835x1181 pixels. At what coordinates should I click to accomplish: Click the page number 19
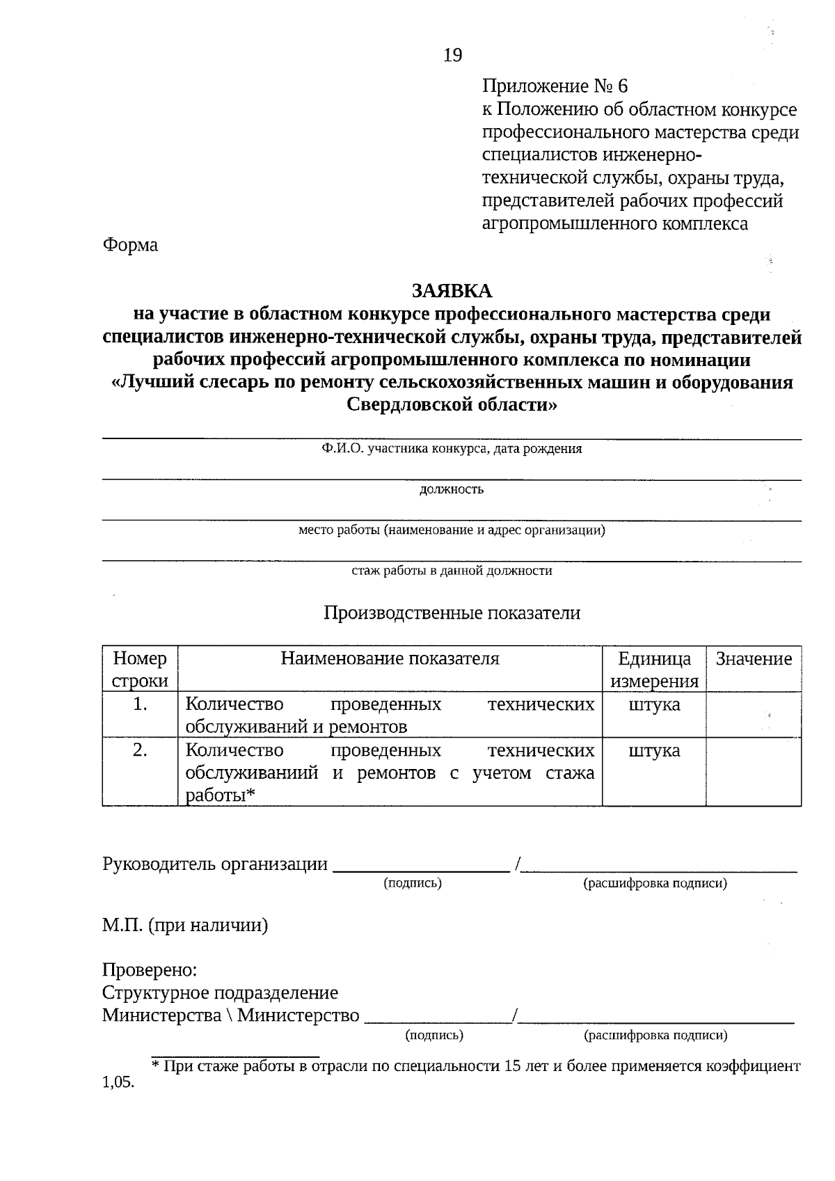click(x=452, y=55)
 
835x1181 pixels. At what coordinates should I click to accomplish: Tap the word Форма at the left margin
click(x=130, y=245)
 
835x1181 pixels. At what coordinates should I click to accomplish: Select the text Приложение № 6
click(x=555, y=86)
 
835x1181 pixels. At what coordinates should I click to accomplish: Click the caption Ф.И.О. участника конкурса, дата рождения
click(x=452, y=449)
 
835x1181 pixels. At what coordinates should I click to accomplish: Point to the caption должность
click(x=452, y=489)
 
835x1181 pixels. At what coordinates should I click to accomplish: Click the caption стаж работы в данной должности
click(x=452, y=571)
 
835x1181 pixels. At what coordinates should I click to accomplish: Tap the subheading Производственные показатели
click(x=452, y=613)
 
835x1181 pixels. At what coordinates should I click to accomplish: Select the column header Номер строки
click(x=140, y=669)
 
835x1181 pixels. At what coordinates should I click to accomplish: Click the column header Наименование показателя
click(x=390, y=658)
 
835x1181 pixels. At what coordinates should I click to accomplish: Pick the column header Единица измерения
click(x=654, y=669)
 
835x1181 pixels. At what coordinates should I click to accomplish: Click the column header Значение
click(x=754, y=659)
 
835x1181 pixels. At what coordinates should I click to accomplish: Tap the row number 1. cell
click(x=140, y=704)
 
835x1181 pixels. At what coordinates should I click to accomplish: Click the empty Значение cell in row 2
click(x=754, y=772)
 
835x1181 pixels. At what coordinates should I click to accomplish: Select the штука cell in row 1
click(x=654, y=704)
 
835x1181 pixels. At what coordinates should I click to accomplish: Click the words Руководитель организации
click(x=214, y=864)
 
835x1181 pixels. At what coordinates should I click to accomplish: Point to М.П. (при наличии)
click(x=185, y=926)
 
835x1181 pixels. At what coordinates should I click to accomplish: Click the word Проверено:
click(x=150, y=970)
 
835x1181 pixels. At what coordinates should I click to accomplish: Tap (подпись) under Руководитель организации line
click(x=413, y=883)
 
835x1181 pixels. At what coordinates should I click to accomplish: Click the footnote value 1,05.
click(x=118, y=1084)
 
